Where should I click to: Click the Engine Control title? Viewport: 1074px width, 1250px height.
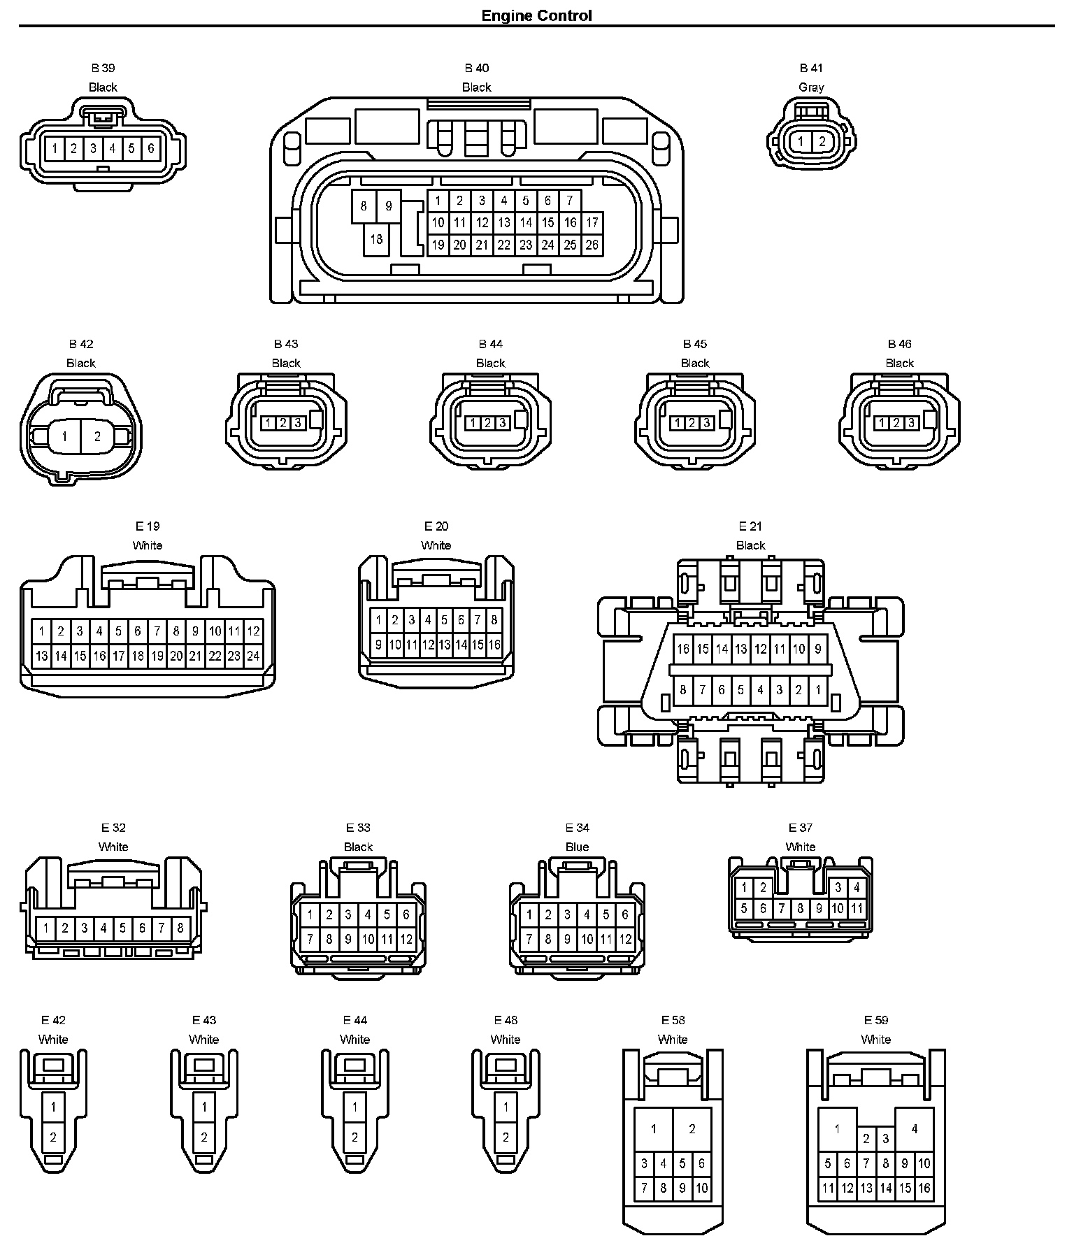click(536, 15)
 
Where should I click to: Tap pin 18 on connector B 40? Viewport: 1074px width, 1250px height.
click(376, 239)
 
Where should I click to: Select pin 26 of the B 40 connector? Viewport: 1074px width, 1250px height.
click(592, 245)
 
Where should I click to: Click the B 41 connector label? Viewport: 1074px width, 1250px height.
click(811, 68)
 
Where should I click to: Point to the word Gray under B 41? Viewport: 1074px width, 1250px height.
click(811, 87)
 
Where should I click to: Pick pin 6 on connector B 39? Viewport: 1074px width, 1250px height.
click(150, 148)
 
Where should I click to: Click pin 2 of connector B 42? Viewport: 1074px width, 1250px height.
click(97, 436)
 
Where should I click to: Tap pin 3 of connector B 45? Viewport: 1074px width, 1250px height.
click(706, 423)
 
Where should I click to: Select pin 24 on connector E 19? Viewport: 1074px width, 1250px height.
click(253, 656)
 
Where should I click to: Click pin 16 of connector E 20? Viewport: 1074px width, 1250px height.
click(494, 645)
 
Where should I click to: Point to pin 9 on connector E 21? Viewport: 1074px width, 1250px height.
click(818, 649)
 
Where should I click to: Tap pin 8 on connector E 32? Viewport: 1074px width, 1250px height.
click(180, 928)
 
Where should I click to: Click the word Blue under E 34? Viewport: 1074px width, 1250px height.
click(577, 847)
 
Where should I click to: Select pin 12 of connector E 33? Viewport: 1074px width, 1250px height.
click(406, 940)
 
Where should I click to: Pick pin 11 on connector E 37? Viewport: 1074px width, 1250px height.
click(857, 909)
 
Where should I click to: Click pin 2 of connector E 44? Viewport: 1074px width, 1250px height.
click(355, 1137)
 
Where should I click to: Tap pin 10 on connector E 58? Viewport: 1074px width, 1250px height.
click(701, 1188)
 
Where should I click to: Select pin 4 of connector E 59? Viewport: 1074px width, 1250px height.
click(914, 1128)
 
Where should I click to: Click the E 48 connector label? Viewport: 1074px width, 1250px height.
click(506, 1020)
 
